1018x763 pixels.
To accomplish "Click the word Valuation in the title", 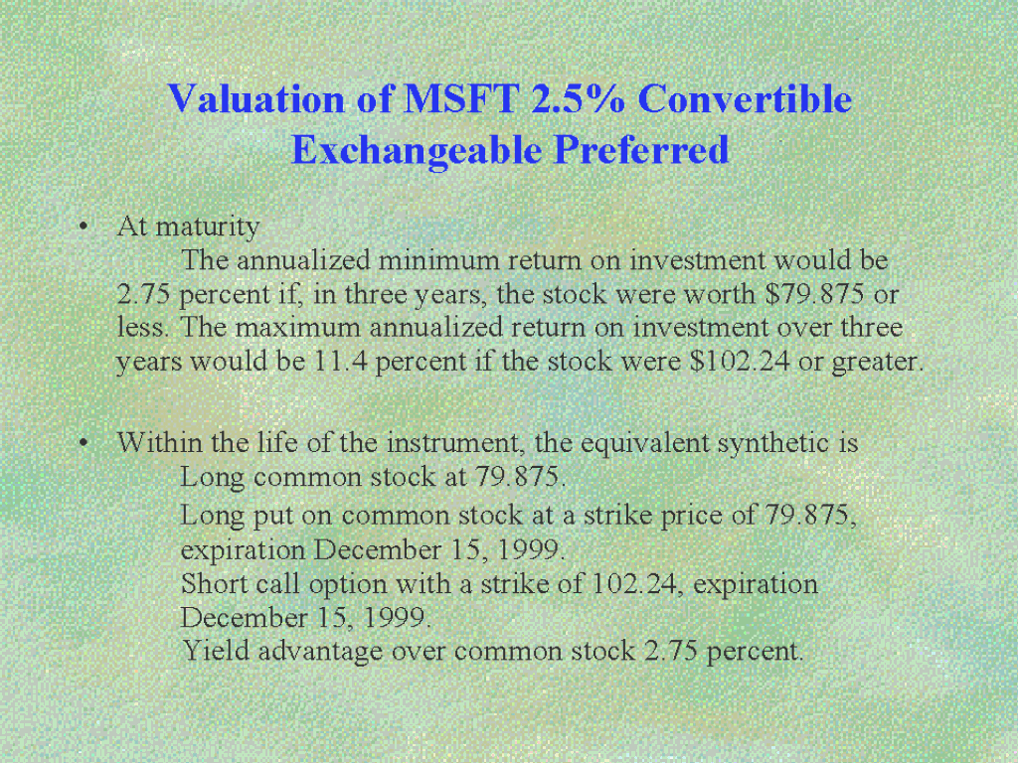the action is [x=256, y=99].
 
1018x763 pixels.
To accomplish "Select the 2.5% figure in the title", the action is [x=579, y=99].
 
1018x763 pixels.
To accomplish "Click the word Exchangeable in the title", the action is [x=417, y=150].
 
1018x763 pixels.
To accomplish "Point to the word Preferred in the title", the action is [x=642, y=150].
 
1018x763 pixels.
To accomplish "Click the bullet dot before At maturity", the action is [x=83, y=228].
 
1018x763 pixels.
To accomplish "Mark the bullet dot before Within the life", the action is [x=83, y=443].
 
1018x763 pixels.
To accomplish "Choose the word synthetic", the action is [x=773, y=444].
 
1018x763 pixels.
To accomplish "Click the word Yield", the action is [x=216, y=650].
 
